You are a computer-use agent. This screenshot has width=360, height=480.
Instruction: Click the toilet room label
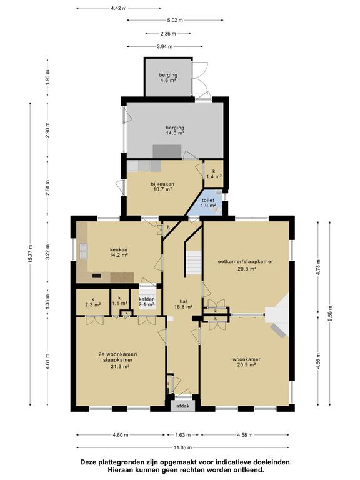(208, 200)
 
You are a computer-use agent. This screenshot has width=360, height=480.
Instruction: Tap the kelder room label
(146, 299)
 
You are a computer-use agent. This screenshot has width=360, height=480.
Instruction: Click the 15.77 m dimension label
(30, 255)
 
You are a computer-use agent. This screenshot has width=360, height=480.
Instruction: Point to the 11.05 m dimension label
(182, 447)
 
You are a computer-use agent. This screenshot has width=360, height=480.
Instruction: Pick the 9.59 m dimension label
(330, 314)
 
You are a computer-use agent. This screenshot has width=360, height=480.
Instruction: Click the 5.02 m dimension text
(174, 20)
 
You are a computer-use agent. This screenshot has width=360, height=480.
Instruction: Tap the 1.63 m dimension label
(182, 435)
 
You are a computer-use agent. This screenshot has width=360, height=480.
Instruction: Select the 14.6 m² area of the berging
(175, 133)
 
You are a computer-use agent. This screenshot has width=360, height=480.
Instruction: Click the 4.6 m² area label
(168, 81)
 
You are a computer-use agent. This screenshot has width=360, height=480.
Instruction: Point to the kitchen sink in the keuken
(83, 251)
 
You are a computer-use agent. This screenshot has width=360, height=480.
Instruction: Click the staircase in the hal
(194, 263)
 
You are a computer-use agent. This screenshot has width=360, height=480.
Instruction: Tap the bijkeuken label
(162, 184)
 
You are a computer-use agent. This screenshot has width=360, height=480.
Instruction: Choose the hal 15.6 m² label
(183, 304)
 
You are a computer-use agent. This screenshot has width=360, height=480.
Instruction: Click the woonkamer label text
(246, 359)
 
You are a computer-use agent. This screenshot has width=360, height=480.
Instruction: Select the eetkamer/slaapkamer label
(246, 262)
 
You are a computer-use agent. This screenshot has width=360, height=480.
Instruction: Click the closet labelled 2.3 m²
(93, 302)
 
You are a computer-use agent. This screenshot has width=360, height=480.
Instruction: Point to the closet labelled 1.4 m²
(214, 174)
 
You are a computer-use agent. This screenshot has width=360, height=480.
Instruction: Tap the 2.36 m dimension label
(168, 34)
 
